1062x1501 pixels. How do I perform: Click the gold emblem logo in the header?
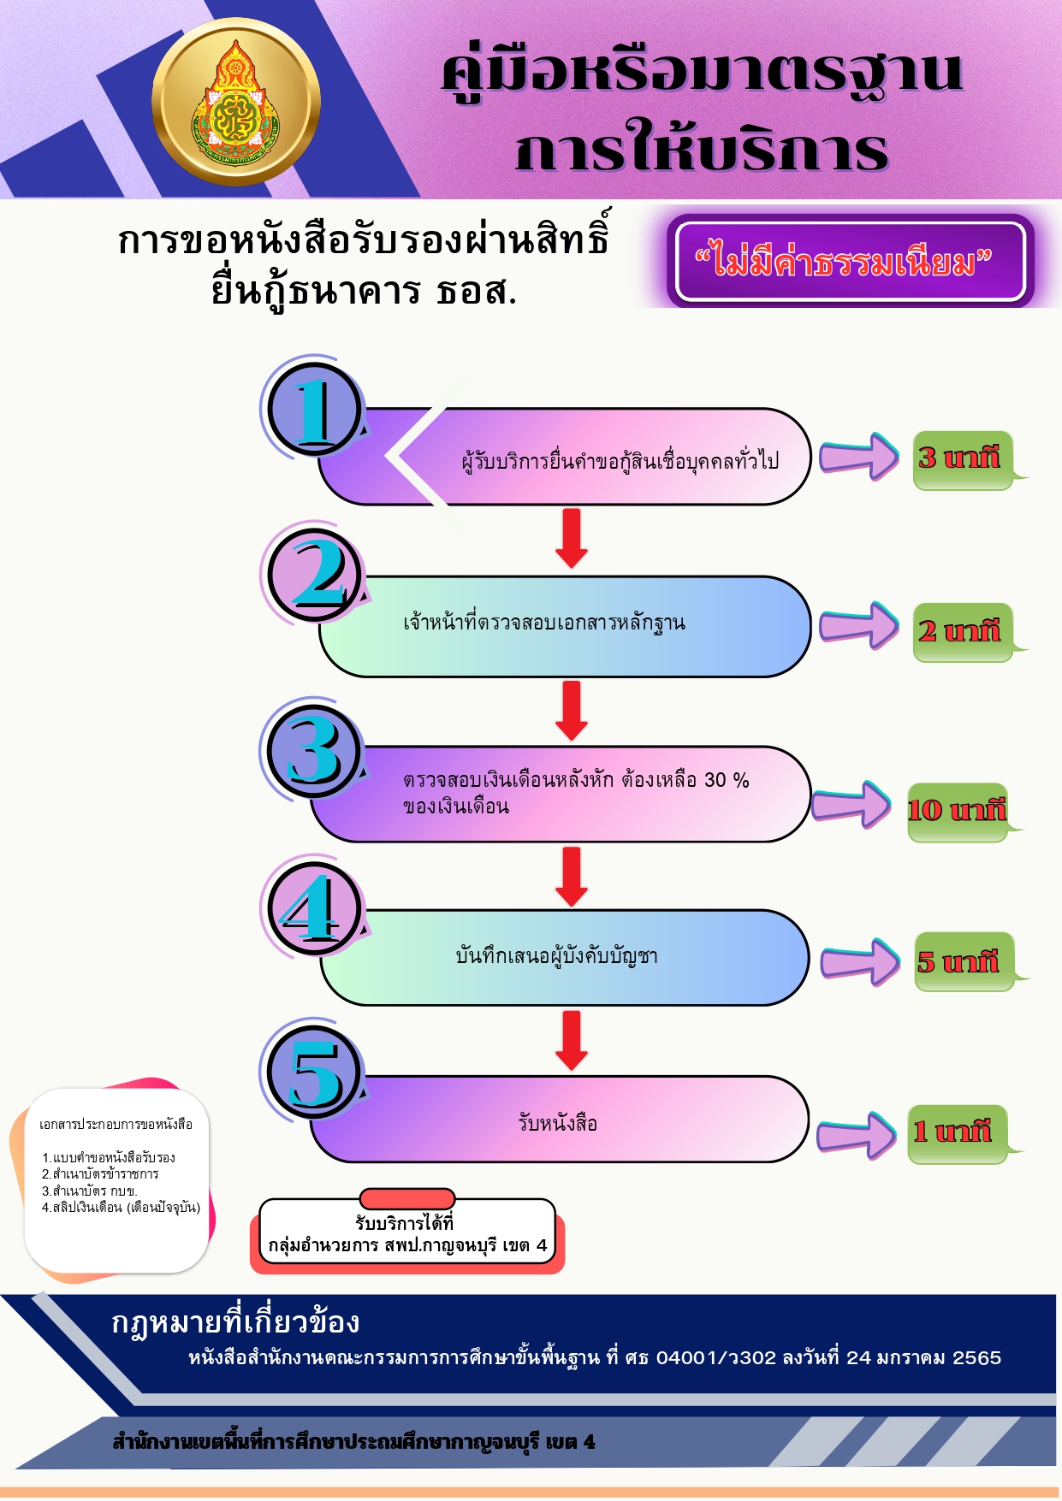click(236, 102)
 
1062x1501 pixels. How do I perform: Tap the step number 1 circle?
click(315, 410)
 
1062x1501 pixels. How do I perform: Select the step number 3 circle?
click(315, 750)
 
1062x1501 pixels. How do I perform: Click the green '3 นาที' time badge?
click(964, 460)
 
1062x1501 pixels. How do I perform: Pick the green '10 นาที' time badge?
click(958, 812)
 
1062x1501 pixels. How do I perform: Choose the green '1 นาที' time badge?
click(958, 1133)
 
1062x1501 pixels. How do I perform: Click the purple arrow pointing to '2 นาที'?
click(859, 626)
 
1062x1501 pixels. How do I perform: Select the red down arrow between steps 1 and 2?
click(572, 538)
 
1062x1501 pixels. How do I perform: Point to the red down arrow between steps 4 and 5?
click(572, 1040)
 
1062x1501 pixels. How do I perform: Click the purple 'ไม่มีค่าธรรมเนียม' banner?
click(851, 262)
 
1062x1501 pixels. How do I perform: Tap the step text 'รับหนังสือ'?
click(558, 1122)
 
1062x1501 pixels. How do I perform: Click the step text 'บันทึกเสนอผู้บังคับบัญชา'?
click(557, 955)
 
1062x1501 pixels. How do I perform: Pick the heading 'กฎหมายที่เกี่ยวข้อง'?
click(235, 1322)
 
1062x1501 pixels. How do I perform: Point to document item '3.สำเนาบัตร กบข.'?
click(90, 1191)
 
